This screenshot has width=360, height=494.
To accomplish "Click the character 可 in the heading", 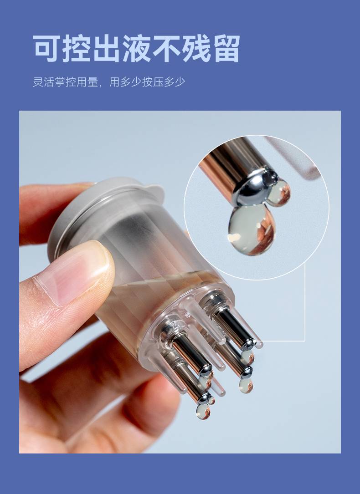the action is (46, 49).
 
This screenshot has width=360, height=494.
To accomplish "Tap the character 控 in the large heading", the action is (76, 49).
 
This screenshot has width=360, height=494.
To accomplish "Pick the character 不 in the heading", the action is (166, 49).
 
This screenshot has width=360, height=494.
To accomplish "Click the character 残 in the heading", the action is (196, 49).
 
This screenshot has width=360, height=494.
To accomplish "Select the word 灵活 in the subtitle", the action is (43, 82).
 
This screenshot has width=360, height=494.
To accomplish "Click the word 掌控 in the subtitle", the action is (65, 82).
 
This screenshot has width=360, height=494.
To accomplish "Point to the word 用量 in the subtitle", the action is (87, 82).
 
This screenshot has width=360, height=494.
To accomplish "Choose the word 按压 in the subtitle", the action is (153, 82).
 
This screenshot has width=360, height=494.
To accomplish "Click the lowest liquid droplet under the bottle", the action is (203, 411).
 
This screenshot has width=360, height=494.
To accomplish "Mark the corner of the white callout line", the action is (305, 341).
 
